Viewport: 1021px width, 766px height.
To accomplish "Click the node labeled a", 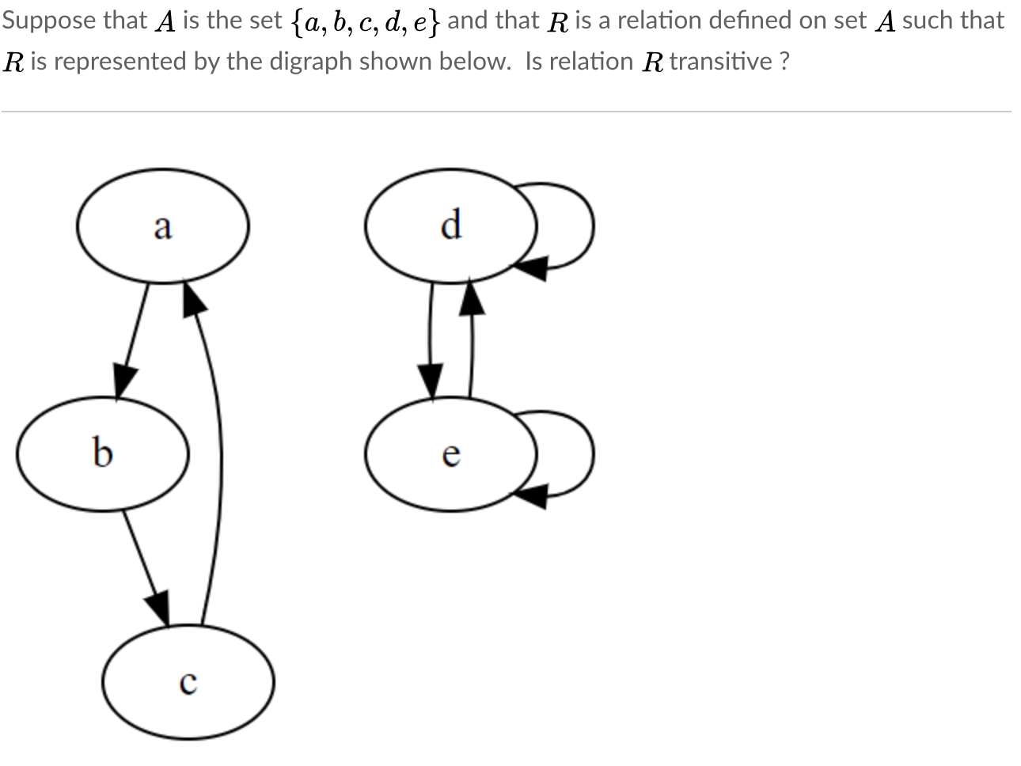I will click(x=163, y=226).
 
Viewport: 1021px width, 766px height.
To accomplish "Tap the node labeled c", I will click(x=188, y=682).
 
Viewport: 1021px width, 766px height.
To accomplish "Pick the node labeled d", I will click(x=450, y=226).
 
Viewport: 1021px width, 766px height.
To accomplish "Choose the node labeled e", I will click(x=450, y=454).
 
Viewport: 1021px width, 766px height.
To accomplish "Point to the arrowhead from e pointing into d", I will click(x=472, y=298).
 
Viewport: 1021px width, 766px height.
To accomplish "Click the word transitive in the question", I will click(x=720, y=61).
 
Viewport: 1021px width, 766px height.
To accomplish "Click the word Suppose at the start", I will click(x=49, y=21).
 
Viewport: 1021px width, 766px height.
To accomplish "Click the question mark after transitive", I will click(x=783, y=61).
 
